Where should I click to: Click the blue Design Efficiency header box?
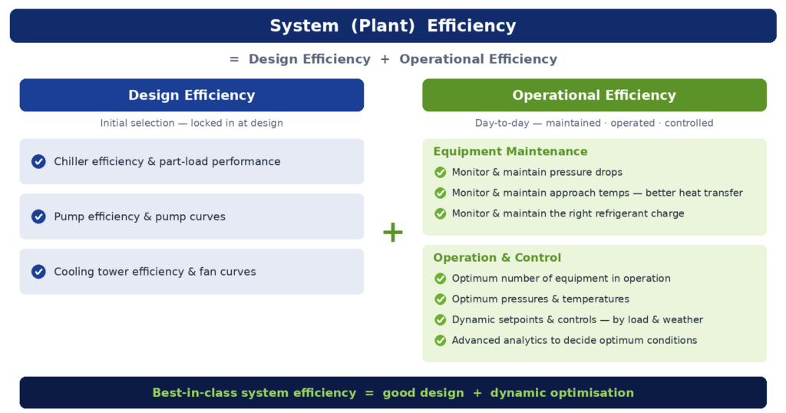(x=191, y=94)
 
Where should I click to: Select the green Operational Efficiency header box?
(x=594, y=94)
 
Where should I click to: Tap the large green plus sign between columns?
(x=393, y=232)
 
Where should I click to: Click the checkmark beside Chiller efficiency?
(x=38, y=161)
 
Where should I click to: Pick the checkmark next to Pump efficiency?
(x=38, y=216)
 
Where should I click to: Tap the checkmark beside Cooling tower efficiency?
(x=38, y=272)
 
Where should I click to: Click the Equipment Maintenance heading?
(x=510, y=151)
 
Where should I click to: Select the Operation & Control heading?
(x=497, y=258)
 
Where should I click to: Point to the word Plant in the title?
(x=383, y=25)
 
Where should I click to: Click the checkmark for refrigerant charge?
(x=440, y=213)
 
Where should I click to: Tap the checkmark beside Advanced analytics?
(x=440, y=340)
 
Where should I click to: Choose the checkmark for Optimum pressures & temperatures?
(x=440, y=299)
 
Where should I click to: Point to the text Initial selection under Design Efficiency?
(x=137, y=123)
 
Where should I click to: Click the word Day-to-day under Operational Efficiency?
(x=502, y=124)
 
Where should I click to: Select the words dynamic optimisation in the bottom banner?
(x=562, y=393)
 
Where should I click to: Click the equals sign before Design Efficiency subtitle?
(x=234, y=59)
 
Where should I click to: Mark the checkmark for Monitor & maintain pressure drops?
(x=440, y=173)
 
